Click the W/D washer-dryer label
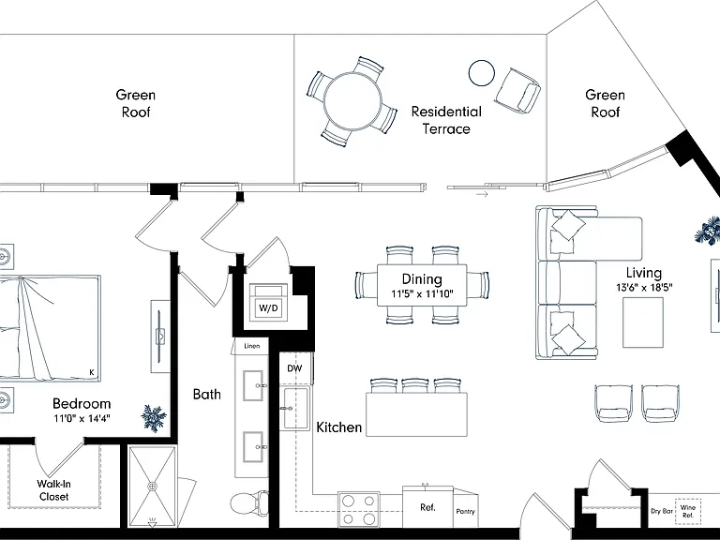tap(269, 307)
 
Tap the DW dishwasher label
tap(294, 368)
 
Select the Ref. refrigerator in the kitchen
tap(427, 507)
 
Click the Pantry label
tap(466, 511)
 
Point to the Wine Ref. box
tap(688, 512)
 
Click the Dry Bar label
tap(662, 511)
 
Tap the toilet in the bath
tap(249, 503)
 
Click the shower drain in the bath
tap(153, 486)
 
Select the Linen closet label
tap(251, 346)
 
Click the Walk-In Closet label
tap(53, 490)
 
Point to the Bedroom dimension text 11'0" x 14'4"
tap(82, 418)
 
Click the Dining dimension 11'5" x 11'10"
tap(422, 293)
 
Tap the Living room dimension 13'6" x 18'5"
tap(644, 288)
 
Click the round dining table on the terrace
tap(352, 101)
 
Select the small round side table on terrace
tap(482, 73)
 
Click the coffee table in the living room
tap(643, 322)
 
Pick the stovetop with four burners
tap(359, 510)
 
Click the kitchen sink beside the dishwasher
tap(294, 408)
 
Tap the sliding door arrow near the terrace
tap(482, 195)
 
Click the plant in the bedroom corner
tap(154, 418)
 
